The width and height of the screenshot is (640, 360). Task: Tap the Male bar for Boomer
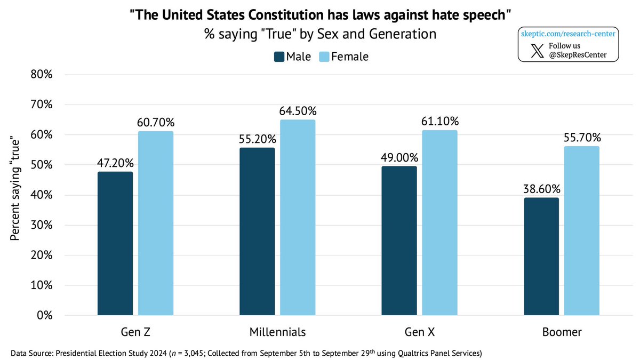pos(541,257)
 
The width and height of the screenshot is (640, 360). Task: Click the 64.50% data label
pos(298,111)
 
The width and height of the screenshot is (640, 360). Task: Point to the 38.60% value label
pos(541,189)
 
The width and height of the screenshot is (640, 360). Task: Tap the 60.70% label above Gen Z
pos(155,123)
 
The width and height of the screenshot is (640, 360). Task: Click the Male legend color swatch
pos(279,57)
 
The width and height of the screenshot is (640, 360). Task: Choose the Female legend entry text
pos(350,57)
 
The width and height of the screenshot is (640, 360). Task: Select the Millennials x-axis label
pos(277,332)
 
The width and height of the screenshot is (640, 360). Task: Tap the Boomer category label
pos(562,332)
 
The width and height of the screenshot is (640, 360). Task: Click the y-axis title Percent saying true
pos(16,195)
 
